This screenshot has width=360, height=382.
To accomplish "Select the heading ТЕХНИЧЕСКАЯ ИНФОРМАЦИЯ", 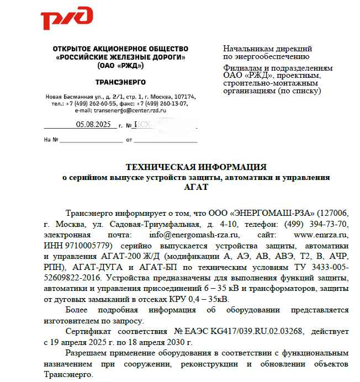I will pyautogui.click(x=197, y=167).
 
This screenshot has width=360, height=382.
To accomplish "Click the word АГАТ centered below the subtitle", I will pyautogui.click(x=197, y=187).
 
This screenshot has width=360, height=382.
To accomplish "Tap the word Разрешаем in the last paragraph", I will pyautogui.click(x=89, y=352).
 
